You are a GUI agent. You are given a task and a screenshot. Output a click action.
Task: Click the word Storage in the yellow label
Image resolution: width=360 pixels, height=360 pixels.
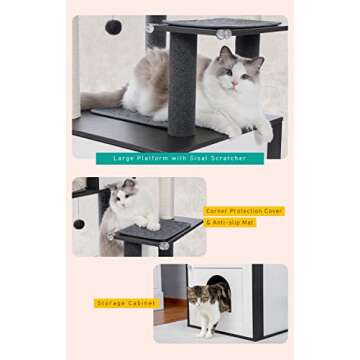[x=111, y=302]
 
